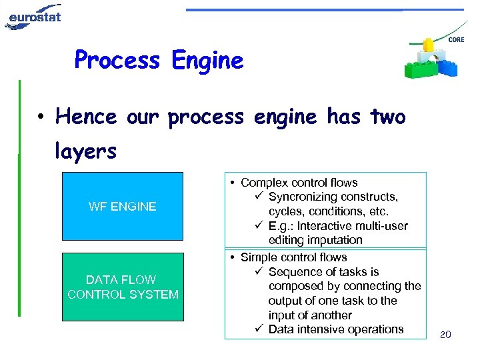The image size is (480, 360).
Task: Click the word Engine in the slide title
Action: (207, 61)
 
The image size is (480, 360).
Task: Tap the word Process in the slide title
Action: (117, 61)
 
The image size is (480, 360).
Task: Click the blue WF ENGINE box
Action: (122, 206)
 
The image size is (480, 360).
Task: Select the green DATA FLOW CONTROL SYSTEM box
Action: (123, 287)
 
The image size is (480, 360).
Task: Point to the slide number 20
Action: (445, 334)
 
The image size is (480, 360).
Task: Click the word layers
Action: (86, 151)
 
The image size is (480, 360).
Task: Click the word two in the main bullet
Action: (388, 117)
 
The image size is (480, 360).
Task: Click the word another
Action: (331, 315)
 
